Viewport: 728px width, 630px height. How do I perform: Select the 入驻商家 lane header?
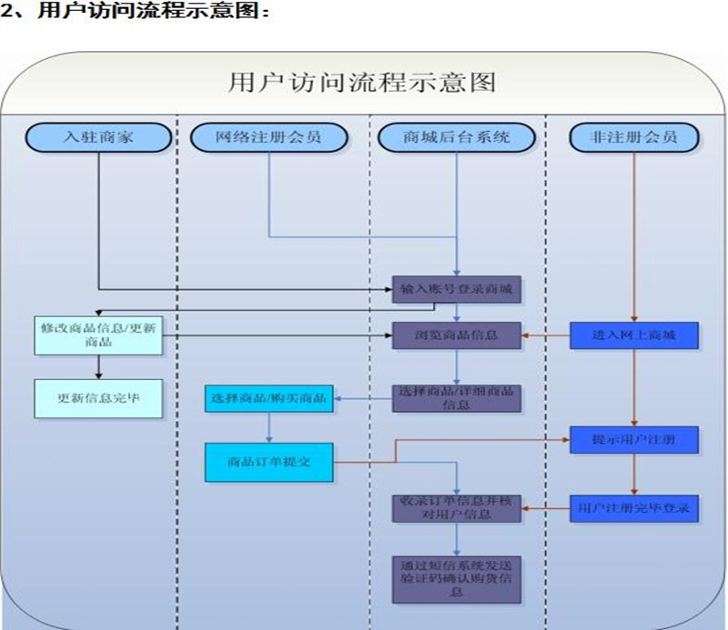(97, 137)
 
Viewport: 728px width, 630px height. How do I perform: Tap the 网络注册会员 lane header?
(268, 137)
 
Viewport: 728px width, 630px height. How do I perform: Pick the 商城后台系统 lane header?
(456, 137)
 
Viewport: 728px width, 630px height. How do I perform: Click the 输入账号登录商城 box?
(457, 290)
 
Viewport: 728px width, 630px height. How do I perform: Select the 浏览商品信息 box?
(457, 335)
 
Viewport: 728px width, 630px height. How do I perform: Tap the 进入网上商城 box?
(634, 335)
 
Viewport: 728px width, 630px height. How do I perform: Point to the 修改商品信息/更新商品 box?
(97, 335)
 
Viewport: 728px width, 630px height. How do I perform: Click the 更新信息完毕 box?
(97, 397)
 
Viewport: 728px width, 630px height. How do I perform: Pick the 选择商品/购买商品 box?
(268, 397)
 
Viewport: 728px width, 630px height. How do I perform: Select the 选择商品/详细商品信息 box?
(457, 397)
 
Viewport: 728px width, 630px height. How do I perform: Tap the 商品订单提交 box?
(268, 461)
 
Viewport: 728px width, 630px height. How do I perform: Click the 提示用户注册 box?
(634, 440)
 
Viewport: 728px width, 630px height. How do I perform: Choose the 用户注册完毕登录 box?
(634, 507)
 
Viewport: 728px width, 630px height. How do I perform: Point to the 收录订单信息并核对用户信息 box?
(457, 507)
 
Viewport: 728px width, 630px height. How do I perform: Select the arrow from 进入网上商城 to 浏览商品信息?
(546, 335)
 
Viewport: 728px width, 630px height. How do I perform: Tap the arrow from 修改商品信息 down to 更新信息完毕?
(97, 366)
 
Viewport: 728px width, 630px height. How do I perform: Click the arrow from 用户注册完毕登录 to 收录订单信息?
(546, 507)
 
